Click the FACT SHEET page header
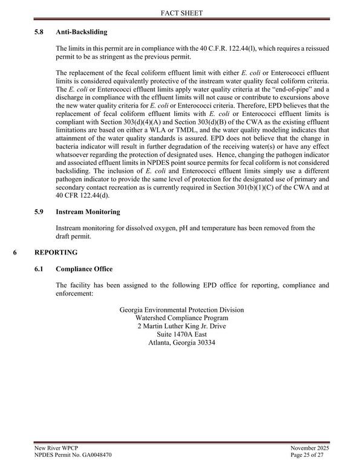(181, 12)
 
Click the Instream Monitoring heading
(88, 212)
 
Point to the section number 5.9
(40, 212)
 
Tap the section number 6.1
(40, 268)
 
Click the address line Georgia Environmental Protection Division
(181, 310)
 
